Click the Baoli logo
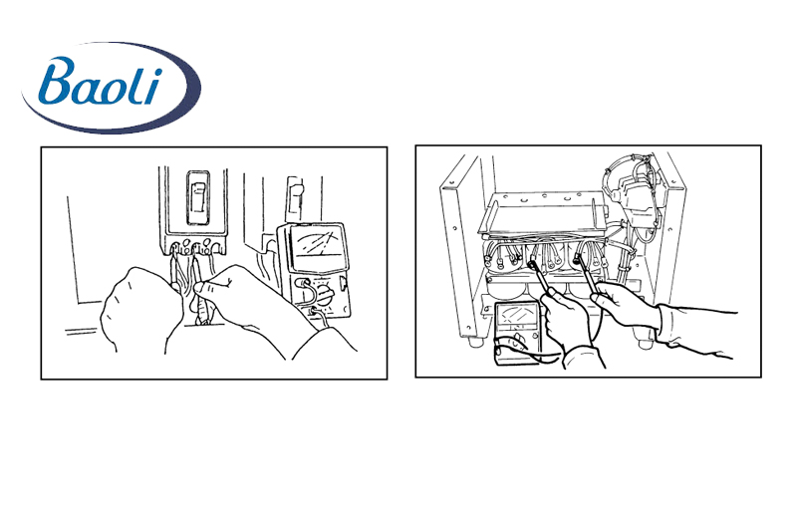pyautogui.click(x=112, y=88)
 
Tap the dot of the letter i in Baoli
pyautogui.click(x=157, y=72)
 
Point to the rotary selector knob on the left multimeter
pyautogui.click(x=323, y=295)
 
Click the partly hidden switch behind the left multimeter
pyautogui.click(x=295, y=195)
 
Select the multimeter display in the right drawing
pyautogui.click(x=516, y=317)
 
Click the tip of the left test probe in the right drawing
pyautogui.click(x=533, y=263)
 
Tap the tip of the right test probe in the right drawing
pyautogui.click(x=578, y=258)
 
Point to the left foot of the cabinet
pyautogui.click(x=476, y=342)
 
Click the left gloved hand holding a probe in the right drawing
pyautogui.click(x=564, y=319)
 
